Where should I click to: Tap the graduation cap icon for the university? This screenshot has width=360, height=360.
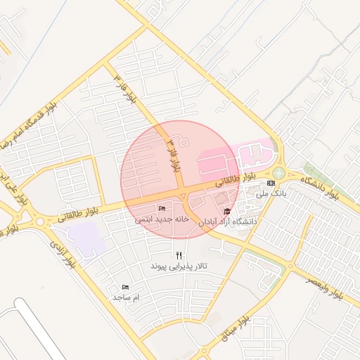226,212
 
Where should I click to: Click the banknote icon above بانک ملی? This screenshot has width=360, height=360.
271,183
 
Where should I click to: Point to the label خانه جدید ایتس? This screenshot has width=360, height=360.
162,219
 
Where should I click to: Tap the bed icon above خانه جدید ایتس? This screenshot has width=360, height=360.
162,209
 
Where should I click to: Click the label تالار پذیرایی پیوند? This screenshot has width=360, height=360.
179,267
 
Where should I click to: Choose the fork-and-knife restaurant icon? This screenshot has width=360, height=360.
179,256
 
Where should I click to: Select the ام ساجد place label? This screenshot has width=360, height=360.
127,297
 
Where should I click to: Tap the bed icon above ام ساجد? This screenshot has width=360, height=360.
125,287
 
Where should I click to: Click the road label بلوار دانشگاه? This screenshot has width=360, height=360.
320,187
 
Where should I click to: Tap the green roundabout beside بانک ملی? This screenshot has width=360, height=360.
279,173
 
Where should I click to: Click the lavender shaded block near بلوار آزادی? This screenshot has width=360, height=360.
88,239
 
